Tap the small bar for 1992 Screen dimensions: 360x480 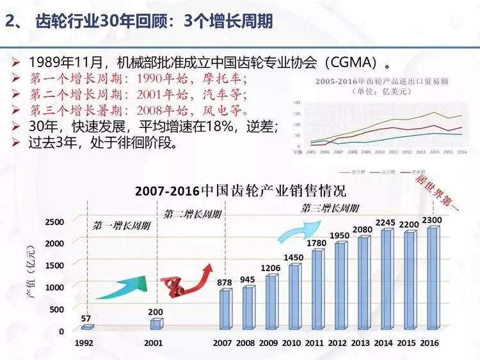(x=87, y=327)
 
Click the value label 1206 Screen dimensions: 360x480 (x=269, y=268)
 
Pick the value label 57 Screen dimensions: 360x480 (x=87, y=317)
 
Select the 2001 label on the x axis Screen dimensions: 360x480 (x=154, y=343)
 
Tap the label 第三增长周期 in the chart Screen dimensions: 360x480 (x=330, y=208)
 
